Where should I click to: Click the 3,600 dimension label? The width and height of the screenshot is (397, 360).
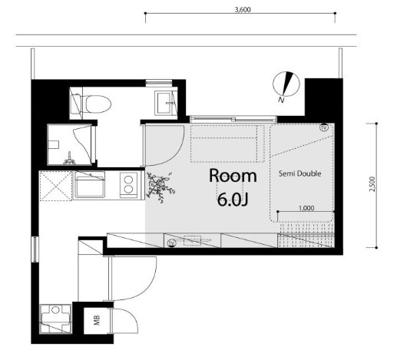[x=243, y=9]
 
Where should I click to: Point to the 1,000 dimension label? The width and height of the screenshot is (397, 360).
[x=306, y=208]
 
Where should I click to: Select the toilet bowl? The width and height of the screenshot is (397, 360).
[x=98, y=104]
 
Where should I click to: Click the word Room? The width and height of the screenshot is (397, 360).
[x=233, y=176]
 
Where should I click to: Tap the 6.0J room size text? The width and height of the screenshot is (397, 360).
[x=233, y=200]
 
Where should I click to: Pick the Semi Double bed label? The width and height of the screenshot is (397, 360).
[x=299, y=173]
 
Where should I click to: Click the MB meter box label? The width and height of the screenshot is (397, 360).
[x=97, y=320]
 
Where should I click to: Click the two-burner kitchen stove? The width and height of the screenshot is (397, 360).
[x=129, y=185]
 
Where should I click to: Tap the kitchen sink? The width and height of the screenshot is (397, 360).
[x=89, y=184]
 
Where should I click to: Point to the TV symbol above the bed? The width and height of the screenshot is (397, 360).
[x=324, y=127]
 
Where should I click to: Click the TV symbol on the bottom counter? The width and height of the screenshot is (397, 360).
[x=171, y=243]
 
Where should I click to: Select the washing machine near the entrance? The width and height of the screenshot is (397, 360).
[x=55, y=319]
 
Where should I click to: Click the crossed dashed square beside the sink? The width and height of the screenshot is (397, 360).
[x=56, y=186]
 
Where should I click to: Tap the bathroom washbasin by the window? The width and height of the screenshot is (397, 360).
[x=164, y=103]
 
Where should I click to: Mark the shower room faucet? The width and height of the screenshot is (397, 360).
[x=69, y=159]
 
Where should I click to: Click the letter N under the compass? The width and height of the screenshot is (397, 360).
[x=281, y=100]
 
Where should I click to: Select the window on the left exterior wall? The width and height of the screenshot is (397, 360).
[x=35, y=249]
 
